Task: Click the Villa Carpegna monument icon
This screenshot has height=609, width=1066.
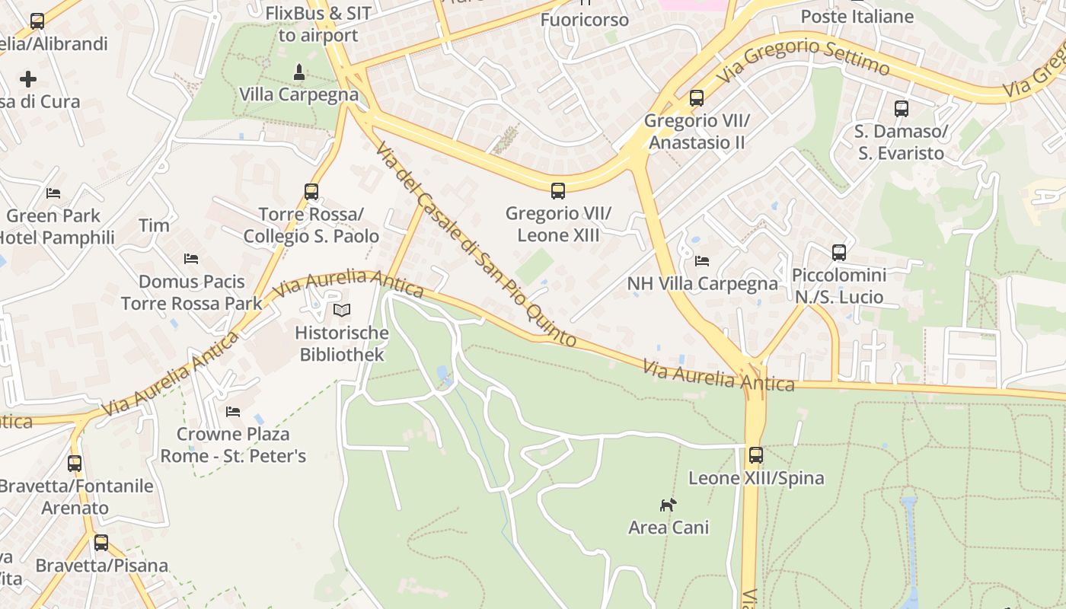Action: [299, 72]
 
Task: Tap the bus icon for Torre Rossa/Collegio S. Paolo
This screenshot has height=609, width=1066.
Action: [311, 191]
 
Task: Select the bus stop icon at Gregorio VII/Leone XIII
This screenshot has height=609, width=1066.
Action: [558, 190]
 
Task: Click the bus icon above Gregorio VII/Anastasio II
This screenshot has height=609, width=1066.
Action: [697, 97]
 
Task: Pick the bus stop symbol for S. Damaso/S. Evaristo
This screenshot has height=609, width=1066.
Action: [902, 108]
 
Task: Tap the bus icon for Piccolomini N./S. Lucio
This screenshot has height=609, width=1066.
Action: [839, 252]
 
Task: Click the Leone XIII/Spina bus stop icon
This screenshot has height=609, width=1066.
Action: [755, 455]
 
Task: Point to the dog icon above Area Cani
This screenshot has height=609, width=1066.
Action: [668, 504]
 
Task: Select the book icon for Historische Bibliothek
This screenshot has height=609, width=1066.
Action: [342, 310]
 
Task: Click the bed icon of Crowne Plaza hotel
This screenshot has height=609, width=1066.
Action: [233, 411]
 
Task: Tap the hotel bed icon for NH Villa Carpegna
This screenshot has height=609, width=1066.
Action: [702, 261]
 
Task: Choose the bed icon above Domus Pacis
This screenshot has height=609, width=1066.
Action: [191, 259]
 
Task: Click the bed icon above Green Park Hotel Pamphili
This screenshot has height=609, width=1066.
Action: [53, 193]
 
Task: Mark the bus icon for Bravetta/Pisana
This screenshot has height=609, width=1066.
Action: [101, 543]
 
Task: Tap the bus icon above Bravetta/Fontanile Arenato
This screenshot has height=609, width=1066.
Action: [75, 463]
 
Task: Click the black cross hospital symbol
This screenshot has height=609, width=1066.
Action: [28, 78]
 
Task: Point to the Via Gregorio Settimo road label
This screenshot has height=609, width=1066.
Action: [804, 58]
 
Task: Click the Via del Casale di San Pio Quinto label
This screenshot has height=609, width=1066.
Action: [475, 244]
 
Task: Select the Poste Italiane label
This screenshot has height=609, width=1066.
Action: [857, 16]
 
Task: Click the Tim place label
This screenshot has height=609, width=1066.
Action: [154, 225]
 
